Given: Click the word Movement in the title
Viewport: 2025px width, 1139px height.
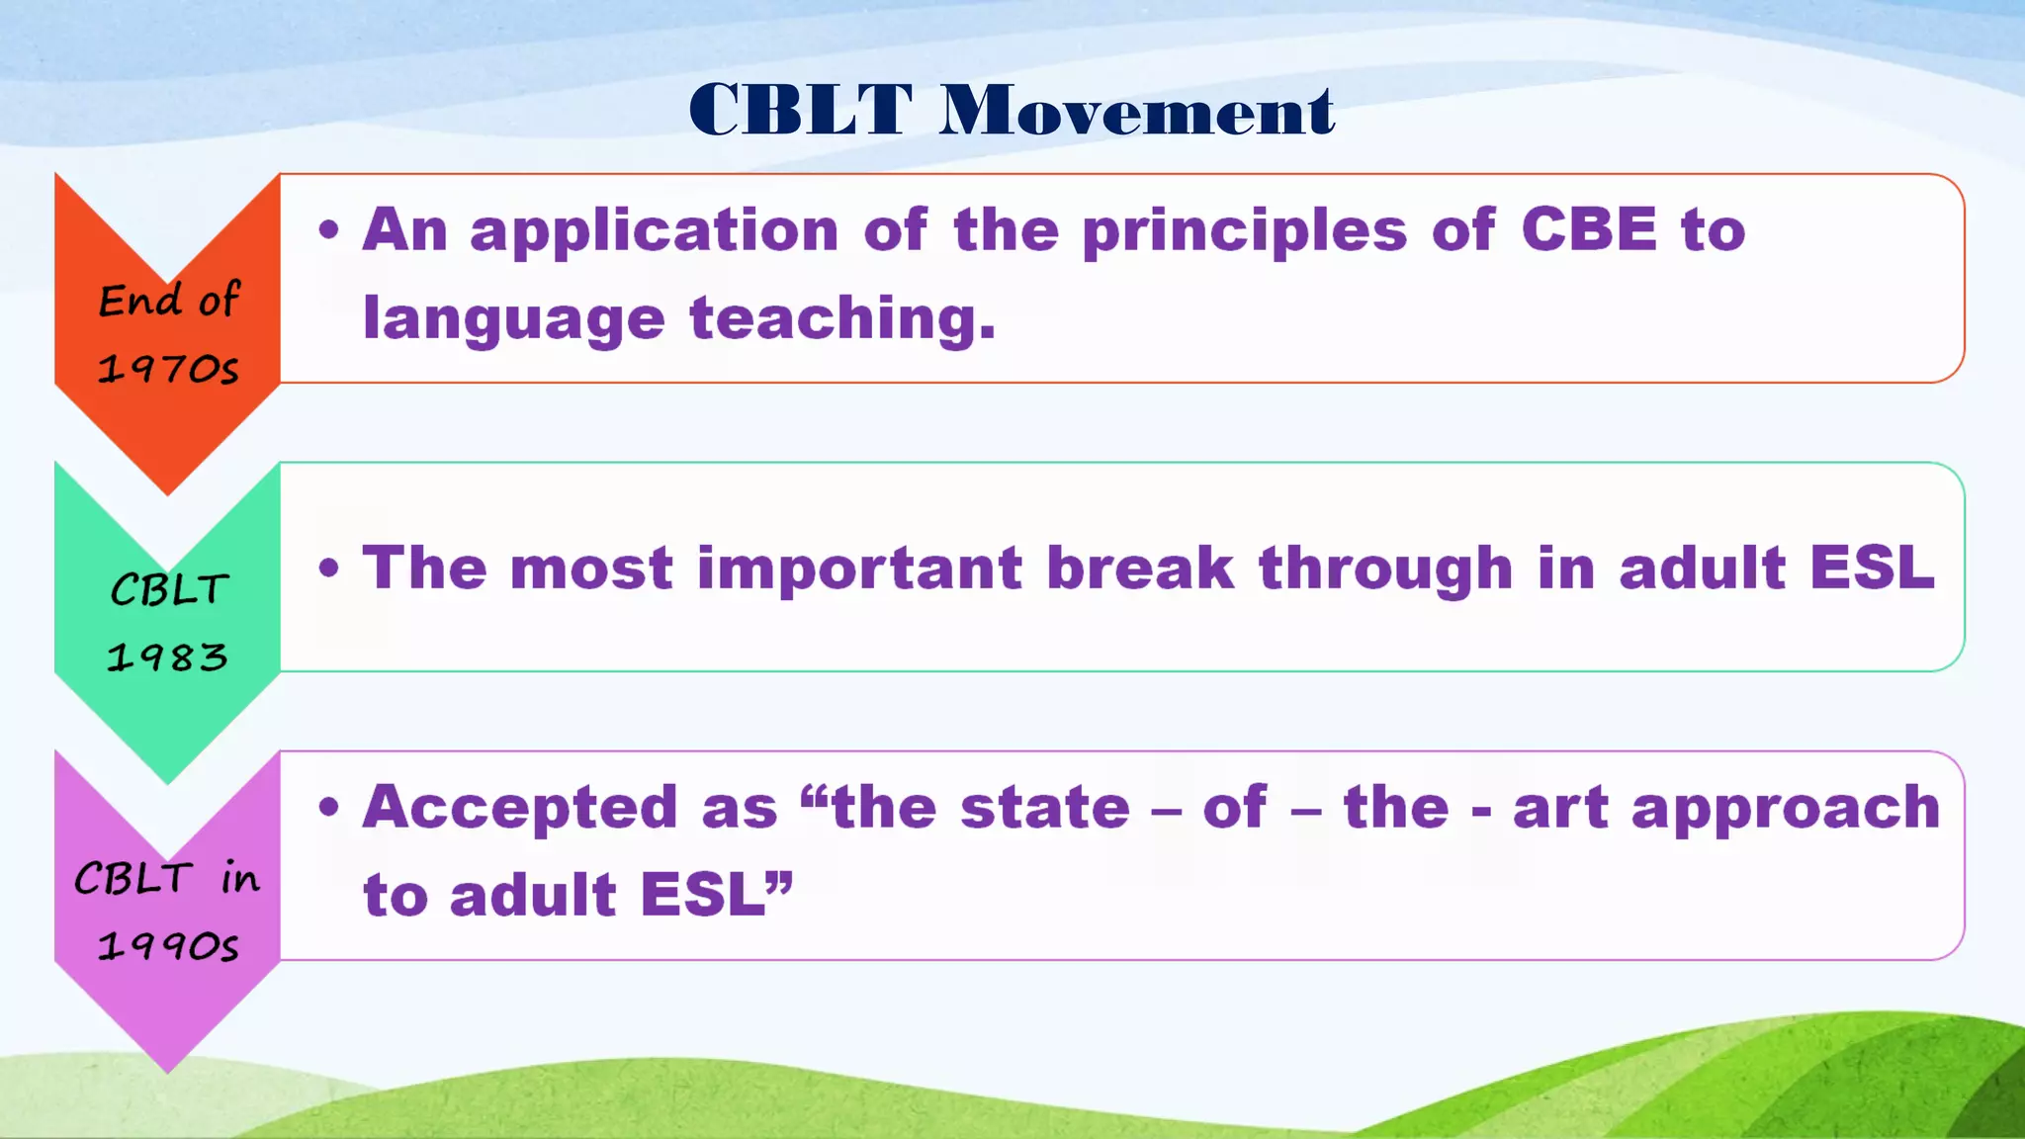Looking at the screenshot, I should tap(1137, 110).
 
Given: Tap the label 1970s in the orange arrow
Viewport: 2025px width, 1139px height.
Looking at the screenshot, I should tap(168, 369).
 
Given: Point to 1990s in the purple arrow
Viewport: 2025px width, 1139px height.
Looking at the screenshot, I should tap(168, 946).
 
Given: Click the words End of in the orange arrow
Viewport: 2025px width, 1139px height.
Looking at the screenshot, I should tap(169, 300).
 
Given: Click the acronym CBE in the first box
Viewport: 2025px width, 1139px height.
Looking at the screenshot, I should tap(1588, 229).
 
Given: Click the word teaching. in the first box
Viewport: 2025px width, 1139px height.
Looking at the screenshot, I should tap(842, 319).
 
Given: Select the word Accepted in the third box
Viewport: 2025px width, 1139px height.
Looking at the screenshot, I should tap(520, 809).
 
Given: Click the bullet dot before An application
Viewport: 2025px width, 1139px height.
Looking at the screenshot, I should tap(329, 231).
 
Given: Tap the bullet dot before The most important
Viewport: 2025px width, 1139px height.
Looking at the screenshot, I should tap(329, 569).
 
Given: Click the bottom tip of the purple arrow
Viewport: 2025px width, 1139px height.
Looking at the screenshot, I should tap(167, 1068).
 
